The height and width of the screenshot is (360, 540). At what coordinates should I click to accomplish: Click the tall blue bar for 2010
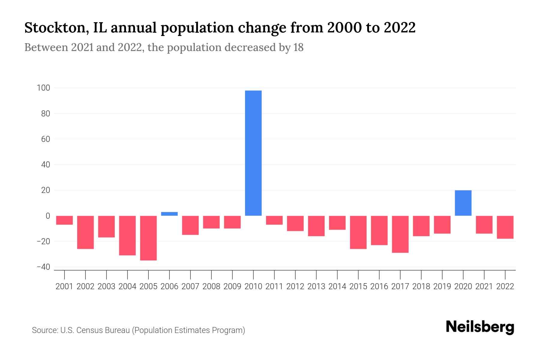coord(253,153)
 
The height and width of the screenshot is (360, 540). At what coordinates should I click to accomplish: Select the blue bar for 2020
coord(463,203)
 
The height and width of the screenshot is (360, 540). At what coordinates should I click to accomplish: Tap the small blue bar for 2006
coord(169,214)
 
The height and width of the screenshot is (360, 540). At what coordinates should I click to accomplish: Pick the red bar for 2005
coord(148,238)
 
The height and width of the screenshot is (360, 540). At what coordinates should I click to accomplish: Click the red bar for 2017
coord(400,234)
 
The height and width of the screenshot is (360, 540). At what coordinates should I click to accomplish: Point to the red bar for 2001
coord(64,220)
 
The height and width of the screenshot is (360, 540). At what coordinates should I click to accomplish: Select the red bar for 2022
coord(505,227)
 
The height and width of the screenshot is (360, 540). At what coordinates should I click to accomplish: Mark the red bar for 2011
coord(274,220)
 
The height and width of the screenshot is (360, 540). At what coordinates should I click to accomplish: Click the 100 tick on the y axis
coord(43,88)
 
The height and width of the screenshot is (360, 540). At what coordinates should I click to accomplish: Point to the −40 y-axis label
coord(43,267)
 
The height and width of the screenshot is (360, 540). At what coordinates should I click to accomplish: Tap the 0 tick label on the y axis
coord(48,216)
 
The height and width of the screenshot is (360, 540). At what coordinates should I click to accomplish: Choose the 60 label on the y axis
coord(45,139)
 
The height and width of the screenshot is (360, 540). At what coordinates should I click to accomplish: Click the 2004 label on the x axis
coord(127,286)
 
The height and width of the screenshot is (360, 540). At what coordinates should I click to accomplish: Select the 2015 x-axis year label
coord(358,286)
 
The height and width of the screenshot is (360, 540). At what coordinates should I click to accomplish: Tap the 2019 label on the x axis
coord(442,286)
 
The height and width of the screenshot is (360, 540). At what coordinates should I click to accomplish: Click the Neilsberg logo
coord(480,327)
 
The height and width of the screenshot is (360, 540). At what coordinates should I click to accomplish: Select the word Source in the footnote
coord(45,330)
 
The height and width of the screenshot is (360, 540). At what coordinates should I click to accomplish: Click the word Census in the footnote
coord(88,330)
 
